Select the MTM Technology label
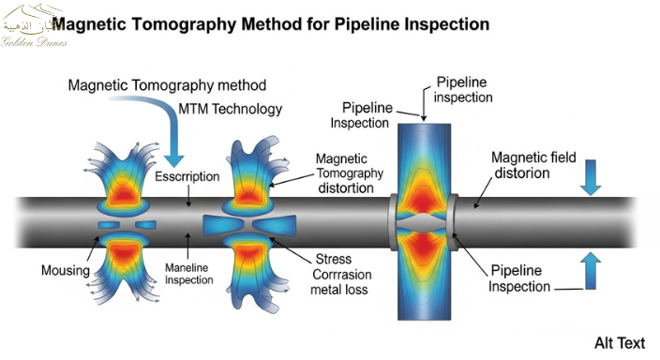point(230,110)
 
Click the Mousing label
point(64,271)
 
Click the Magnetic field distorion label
point(534,164)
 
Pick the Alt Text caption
point(621,342)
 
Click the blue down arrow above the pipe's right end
point(591,177)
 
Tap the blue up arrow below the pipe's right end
point(591,271)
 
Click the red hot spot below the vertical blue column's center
point(425,246)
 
